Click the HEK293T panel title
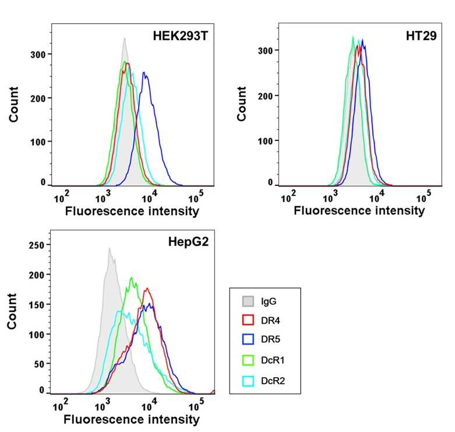click(181, 36)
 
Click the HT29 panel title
click(421, 36)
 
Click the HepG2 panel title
click(188, 241)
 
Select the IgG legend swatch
click(248, 301)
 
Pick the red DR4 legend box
click(248, 320)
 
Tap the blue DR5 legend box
click(248, 339)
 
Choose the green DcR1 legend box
click(248, 360)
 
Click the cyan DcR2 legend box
click(248, 381)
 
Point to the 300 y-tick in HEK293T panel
click(38, 55)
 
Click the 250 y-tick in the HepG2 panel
click(37, 245)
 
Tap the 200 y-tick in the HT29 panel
click(265, 96)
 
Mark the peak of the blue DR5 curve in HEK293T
click(144, 72)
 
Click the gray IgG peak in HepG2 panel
click(110, 248)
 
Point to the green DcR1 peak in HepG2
click(132, 278)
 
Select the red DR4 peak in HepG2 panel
click(147, 288)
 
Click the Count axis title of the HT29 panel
click(241, 104)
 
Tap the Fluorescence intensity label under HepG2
click(132, 420)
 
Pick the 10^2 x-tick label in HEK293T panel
click(62, 197)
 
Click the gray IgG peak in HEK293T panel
click(125, 38)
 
